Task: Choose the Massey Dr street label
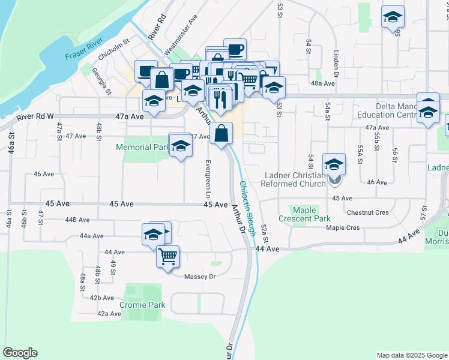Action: click(203, 276)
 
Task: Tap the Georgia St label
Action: click(101, 80)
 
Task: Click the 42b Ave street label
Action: click(101, 298)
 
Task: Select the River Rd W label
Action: click(35, 116)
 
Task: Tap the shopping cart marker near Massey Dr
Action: click(168, 256)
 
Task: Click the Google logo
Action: click(20, 353)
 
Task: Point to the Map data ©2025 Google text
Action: click(411, 355)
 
